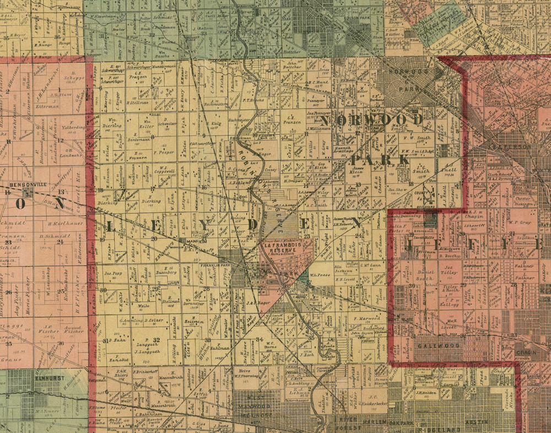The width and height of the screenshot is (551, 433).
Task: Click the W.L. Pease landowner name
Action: [x=320, y=274]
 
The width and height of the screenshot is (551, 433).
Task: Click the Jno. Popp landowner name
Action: [x=112, y=272]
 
